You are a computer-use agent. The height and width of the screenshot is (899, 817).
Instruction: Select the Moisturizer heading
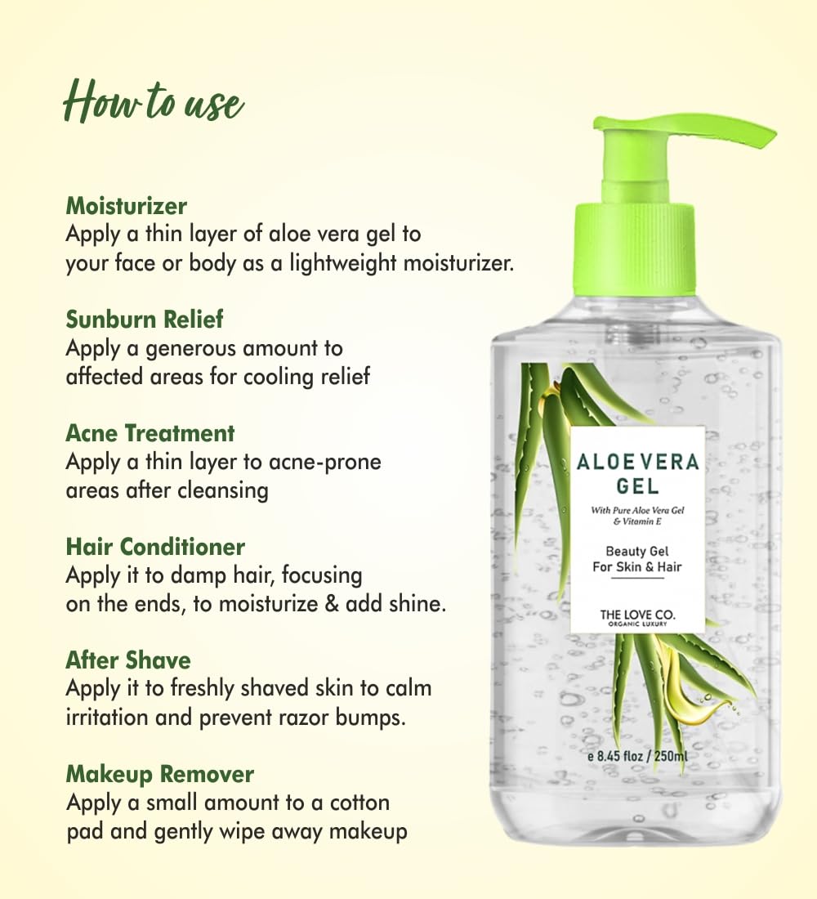click(x=126, y=206)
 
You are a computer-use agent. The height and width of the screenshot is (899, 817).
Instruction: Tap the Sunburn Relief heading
click(x=145, y=320)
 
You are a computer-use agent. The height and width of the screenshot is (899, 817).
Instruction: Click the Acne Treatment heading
click(x=150, y=433)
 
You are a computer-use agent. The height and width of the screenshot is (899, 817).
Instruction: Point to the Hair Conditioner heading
click(x=155, y=547)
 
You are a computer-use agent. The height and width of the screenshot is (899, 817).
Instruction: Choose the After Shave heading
click(x=128, y=660)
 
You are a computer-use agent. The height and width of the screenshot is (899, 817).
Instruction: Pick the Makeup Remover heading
click(x=160, y=774)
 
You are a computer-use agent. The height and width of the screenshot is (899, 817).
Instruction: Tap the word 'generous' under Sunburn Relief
click(x=191, y=349)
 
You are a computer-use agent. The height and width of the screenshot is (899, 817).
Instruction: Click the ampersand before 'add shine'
click(x=332, y=604)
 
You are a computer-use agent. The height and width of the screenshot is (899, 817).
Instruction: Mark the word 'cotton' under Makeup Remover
click(x=359, y=803)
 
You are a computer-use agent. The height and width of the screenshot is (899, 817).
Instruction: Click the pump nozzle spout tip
click(x=768, y=136)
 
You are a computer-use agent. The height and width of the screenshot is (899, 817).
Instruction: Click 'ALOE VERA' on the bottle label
click(x=637, y=462)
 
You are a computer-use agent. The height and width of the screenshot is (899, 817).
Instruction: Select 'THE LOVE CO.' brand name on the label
click(x=637, y=615)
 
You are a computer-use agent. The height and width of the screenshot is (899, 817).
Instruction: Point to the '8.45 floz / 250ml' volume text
click(x=642, y=756)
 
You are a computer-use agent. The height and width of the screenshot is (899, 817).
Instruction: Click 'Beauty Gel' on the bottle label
click(x=637, y=552)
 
